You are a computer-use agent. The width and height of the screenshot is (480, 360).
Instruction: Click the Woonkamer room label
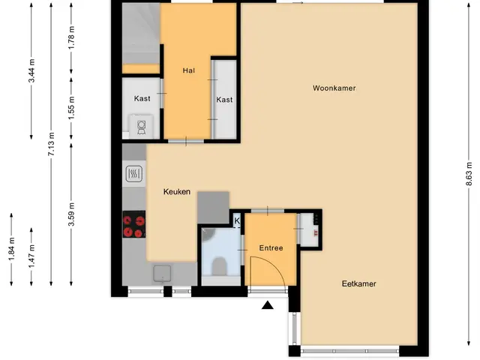tap(334, 88)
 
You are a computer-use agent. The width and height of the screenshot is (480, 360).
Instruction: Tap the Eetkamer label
tap(358, 283)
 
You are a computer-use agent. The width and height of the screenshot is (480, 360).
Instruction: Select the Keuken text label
tap(177, 192)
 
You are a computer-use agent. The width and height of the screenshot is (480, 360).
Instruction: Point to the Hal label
tap(188, 70)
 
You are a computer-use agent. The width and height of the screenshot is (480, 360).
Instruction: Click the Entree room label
tap(271, 248)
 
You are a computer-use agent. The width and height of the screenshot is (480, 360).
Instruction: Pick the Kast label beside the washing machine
tap(142, 98)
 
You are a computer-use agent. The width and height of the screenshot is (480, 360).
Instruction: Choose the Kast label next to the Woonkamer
tap(224, 100)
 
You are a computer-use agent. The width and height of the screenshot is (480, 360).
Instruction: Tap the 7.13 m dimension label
tap(51, 144)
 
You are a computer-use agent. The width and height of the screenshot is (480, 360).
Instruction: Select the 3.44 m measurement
tap(31, 70)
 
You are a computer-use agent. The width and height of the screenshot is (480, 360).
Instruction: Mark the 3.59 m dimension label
tap(71, 214)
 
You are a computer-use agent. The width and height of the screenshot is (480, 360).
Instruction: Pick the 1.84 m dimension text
tap(11, 250)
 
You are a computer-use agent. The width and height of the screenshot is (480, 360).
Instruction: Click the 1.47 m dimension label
tap(31, 256)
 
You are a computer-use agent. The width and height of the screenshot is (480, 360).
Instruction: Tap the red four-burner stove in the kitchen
tap(134, 224)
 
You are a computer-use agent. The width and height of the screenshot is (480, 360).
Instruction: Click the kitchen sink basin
tap(162, 273)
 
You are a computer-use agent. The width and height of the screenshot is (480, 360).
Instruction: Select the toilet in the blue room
tap(219, 266)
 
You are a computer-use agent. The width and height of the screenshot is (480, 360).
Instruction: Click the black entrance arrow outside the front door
tap(268, 305)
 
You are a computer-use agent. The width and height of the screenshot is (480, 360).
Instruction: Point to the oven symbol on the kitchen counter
tap(134, 174)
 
